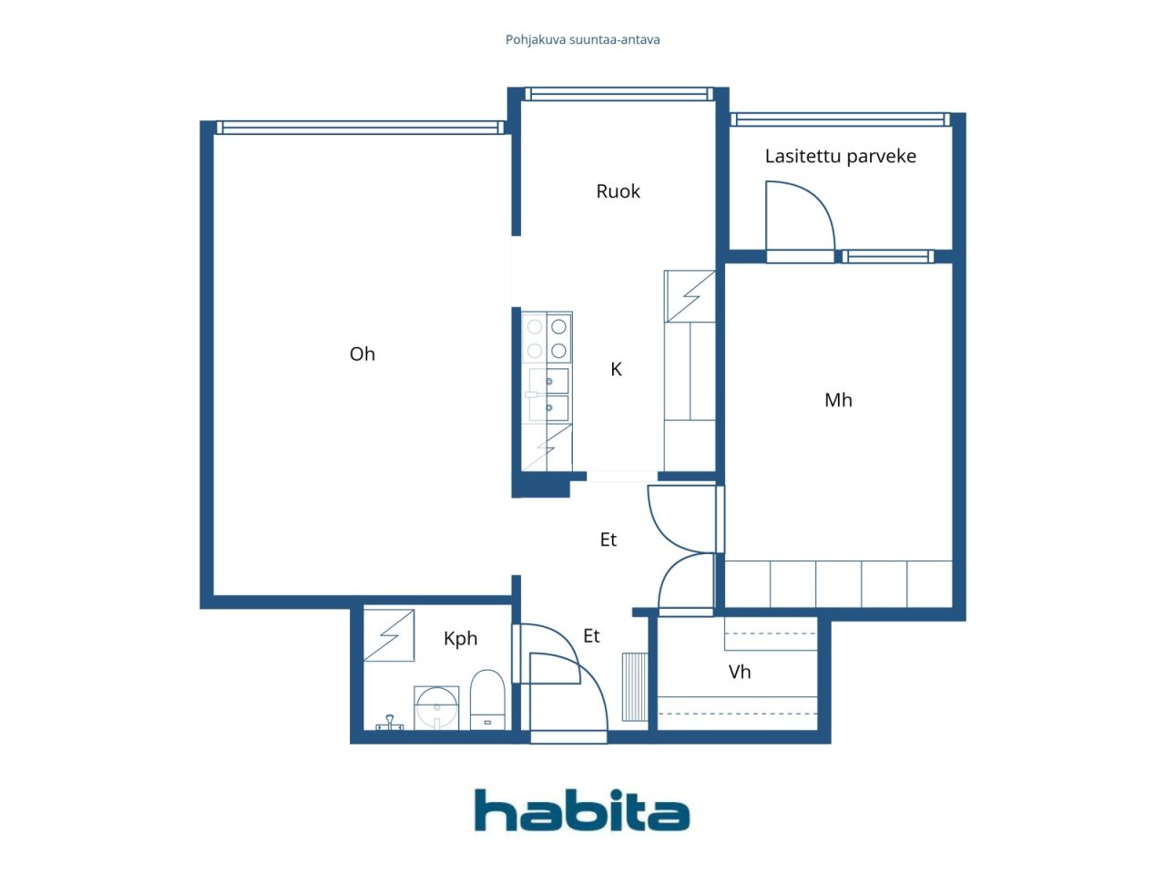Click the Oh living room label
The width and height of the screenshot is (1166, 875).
[x=362, y=354]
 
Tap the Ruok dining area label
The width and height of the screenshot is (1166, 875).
[x=618, y=191]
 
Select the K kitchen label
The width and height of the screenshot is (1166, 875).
[x=616, y=369]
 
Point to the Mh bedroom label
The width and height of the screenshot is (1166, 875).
[x=838, y=400]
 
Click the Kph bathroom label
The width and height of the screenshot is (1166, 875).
[x=460, y=638]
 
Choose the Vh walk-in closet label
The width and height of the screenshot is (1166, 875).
[x=740, y=672]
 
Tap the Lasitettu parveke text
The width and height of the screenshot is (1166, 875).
[x=841, y=156]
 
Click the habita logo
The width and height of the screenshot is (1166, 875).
[x=582, y=809]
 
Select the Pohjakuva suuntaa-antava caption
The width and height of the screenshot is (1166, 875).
[x=582, y=40]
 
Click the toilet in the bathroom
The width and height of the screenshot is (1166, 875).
[x=487, y=699]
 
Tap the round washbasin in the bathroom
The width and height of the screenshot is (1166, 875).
[x=436, y=707]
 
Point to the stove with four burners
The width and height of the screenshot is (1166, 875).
[x=547, y=338]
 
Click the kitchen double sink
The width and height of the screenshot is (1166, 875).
[x=548, y=395]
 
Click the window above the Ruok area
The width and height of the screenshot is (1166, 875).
[x=619, y=95]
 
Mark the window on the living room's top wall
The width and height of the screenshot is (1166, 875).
[x=360, y=128]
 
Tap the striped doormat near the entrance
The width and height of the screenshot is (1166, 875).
[x=635, y=687]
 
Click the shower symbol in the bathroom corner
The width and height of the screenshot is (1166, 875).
[x=389, y=635]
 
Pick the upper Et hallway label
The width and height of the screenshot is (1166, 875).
[x=608, y=540]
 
